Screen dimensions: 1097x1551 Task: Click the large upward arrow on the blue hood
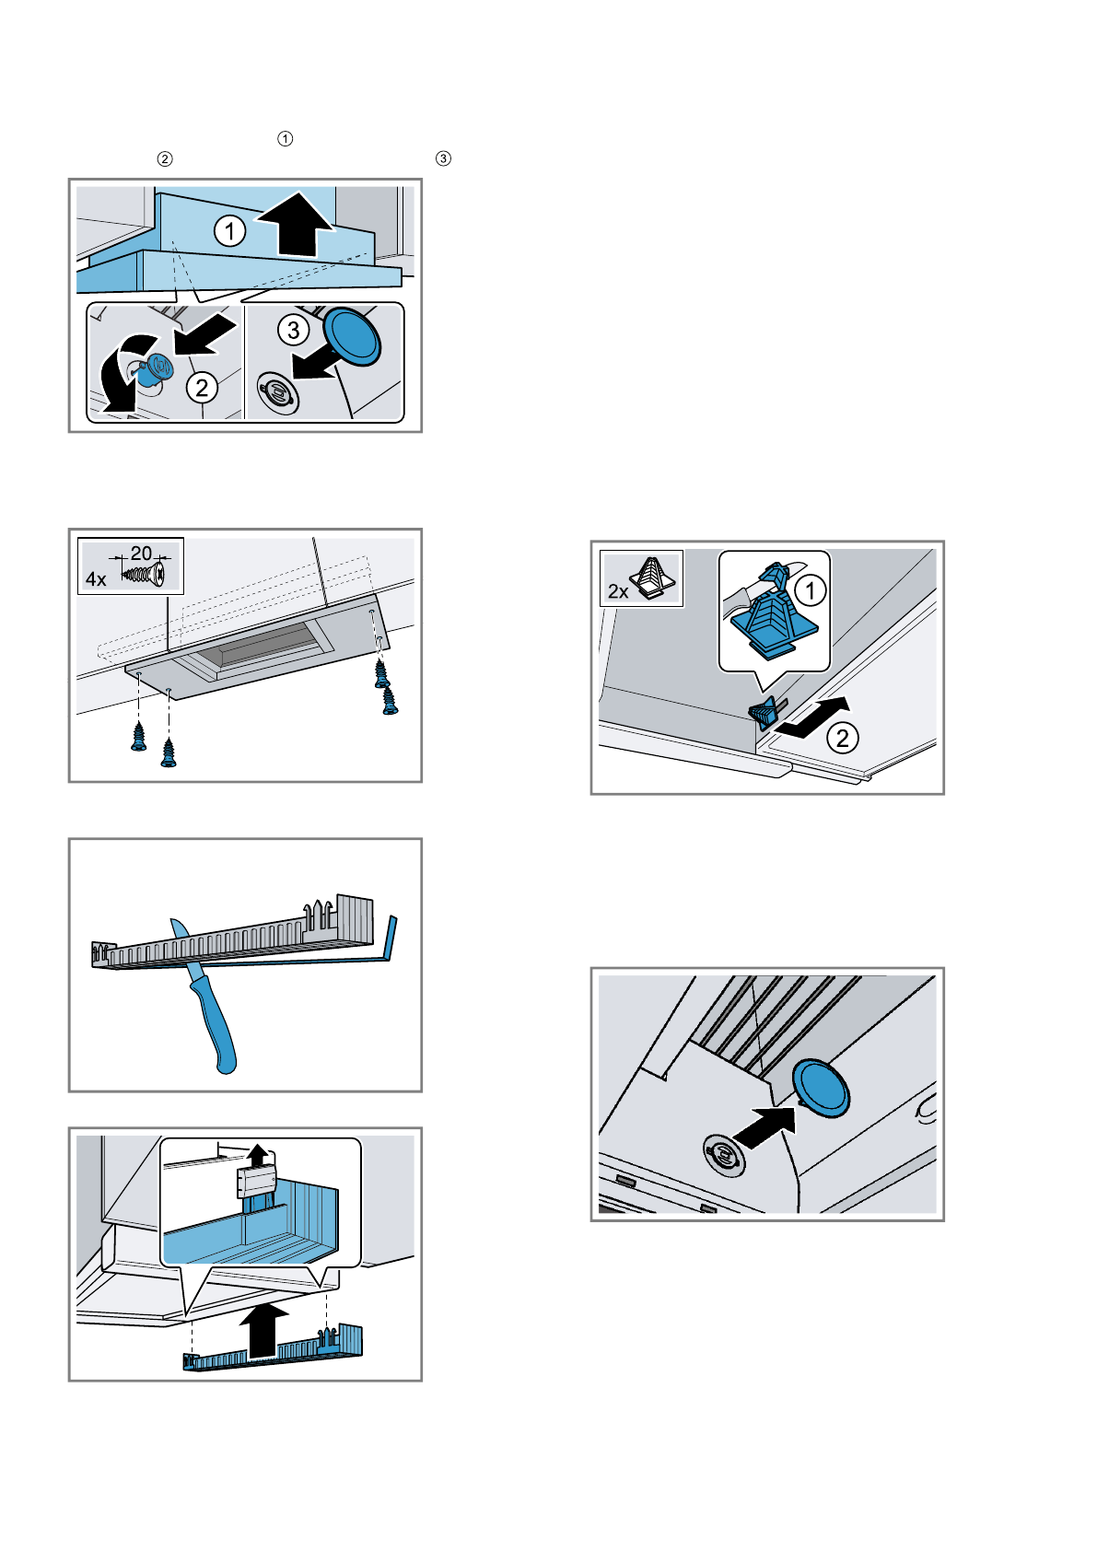(x=297, y=225)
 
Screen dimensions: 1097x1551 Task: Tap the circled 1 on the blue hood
(x=230, y=231)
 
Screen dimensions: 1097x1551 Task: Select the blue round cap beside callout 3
(x=352, y=337)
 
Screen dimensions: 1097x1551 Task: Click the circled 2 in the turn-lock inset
(x=202, y=387)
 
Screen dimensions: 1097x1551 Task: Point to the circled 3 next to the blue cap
(x=294, y=331)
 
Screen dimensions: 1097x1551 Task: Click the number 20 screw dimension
(x=141, y=554)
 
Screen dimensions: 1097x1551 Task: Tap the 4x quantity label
(x=96, y=578)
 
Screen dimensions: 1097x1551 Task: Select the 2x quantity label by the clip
(x=618, y=591)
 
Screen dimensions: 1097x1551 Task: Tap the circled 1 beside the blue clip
(x=810, y=590)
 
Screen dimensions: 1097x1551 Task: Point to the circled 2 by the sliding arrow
(x=842, y=738)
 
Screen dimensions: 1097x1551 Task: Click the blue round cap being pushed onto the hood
(x=821, y=1088)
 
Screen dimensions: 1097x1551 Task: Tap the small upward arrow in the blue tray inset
(x=258, y=1155)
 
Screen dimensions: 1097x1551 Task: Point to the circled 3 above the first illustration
(x=443, y=158)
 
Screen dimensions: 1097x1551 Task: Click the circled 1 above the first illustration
(x=286, y=138)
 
